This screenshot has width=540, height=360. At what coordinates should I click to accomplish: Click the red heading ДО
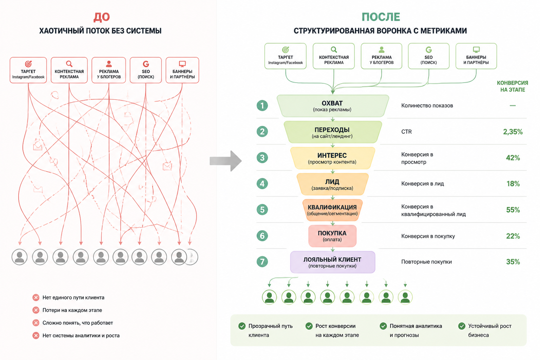102,17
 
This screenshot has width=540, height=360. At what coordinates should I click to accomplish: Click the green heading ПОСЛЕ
381,17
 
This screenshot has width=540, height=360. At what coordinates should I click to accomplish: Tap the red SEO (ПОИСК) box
146,70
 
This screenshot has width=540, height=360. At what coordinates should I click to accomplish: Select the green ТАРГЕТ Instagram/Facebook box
285,56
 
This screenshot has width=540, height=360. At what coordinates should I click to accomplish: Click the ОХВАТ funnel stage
333,106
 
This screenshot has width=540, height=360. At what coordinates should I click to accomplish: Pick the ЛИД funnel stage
333,184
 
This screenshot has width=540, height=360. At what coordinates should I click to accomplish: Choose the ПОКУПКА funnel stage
333,236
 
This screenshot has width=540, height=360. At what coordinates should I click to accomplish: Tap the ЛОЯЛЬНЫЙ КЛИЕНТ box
333,262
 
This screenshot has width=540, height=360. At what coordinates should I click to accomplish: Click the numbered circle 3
262,158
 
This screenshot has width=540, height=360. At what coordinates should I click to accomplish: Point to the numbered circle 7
262,262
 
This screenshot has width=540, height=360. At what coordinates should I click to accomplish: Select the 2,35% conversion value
513,131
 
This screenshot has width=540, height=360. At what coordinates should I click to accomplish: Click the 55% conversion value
513,210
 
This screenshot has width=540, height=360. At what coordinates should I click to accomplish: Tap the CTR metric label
406,131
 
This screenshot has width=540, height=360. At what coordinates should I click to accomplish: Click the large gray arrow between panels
226,161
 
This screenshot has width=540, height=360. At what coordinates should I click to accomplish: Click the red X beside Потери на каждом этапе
36,310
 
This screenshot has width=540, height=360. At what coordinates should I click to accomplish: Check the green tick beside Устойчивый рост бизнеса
462,326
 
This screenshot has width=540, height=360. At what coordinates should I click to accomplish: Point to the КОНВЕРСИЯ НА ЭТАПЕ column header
513,86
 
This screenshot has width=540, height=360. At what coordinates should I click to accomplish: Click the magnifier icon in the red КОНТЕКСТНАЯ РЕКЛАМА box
69,64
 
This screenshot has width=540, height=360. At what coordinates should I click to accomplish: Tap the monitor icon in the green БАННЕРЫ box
476,50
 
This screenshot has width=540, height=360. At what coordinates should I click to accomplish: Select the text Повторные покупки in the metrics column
426,262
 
